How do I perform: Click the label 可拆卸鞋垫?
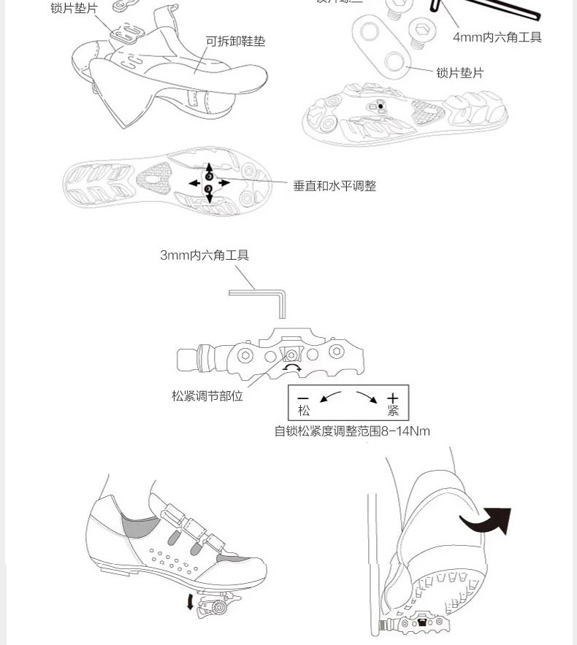click(x=235, y=42)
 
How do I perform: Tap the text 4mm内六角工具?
click(x=497, y=37)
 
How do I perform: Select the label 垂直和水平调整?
click(x=335, y=186)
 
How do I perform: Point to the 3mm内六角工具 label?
click(x=205, y=255)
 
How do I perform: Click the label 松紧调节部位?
click(x=207, y=396)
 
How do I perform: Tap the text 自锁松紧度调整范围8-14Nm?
click(x=352, y=431)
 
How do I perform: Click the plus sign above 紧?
click(x=393, y=398)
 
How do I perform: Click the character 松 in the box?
click(x=304, y=412)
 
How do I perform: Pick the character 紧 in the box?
click(x=393, y=412)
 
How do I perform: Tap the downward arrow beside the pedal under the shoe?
click(x=191, y=602)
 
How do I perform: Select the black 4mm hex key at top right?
click(x=486, y=10)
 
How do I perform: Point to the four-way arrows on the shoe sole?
click(x=209, y=182)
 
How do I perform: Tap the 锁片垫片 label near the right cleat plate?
click(x=459, y=73)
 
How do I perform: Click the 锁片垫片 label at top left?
click(x=74, y=8)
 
